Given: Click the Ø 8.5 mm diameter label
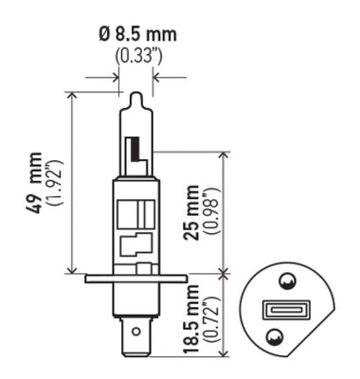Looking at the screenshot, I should [x=137, y=35].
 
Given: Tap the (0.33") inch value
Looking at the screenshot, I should [x=136, y=55].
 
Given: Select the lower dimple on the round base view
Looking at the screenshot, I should [x=275, y=335].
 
